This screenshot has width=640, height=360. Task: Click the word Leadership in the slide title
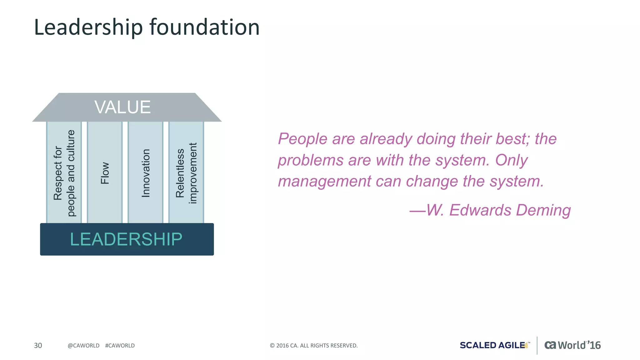(88, 27)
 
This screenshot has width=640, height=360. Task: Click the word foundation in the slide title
(204, 27)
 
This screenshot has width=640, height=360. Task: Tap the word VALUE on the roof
(122, 107)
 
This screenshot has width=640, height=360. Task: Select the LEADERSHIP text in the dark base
(126, 239)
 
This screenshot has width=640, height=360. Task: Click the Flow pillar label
(105, 173)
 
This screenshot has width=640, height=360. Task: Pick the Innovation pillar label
(146, 173)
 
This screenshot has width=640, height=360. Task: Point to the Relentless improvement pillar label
(186, 173)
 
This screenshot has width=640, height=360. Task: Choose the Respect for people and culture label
(64, 173)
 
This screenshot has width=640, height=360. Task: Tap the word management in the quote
(324, 181)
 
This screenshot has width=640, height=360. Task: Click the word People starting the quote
(302, 139)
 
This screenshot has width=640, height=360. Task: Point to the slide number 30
(38, 345)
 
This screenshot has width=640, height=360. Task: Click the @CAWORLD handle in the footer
(83, 346)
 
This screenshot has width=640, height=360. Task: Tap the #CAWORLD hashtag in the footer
(120, 346)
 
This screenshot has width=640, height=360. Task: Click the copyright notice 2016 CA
(313, 346)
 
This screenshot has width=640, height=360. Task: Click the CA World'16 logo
(572, 345)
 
